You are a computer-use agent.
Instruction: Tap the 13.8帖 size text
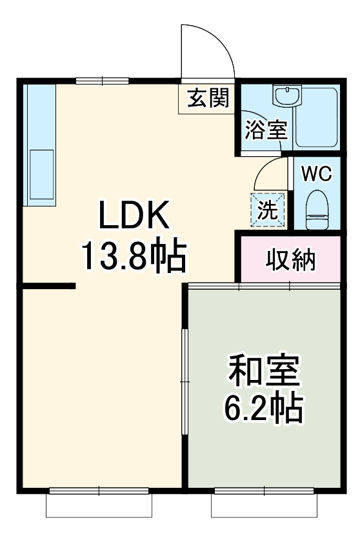(x=134, y=256)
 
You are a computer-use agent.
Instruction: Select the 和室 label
(x=264, y=372)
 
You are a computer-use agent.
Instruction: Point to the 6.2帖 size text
(x=264, y=407)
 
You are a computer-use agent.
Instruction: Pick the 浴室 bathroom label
(x=265, y=130)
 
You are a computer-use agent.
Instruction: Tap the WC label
(x=317, y=174)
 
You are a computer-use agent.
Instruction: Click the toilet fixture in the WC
(x=317, y=210)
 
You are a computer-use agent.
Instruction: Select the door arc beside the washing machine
(x=270, y=173)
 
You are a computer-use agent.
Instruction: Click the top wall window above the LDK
(x=103, y=81)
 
